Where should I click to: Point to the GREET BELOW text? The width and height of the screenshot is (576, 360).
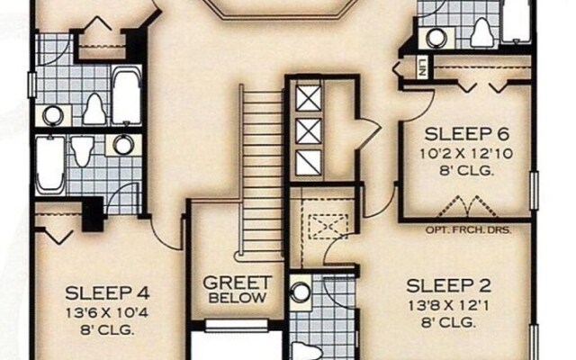[238, 288]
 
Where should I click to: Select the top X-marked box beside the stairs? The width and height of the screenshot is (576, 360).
[308, 96]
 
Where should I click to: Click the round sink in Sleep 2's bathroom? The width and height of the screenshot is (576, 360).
[301, 292]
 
